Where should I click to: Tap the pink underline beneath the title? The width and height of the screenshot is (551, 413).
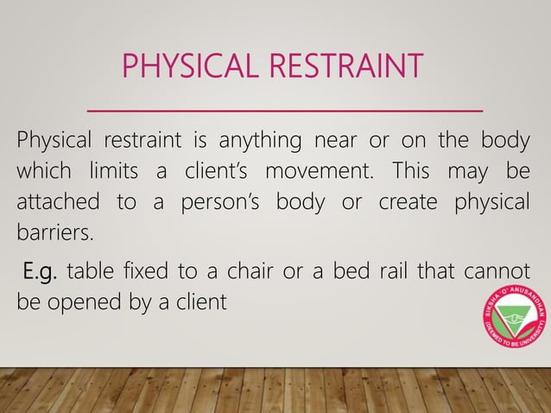tap(285, 111)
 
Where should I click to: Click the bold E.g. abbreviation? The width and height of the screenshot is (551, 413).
tap(40, 275)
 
